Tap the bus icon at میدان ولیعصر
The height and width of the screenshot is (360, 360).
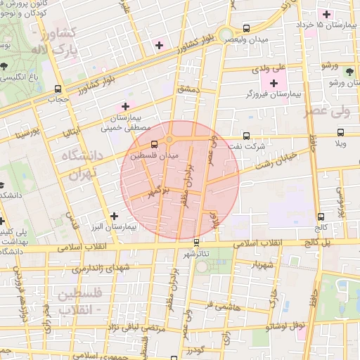coord(245,29)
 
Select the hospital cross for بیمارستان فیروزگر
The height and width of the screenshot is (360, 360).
coord(274,84)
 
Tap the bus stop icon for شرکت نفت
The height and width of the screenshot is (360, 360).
coord(245,136)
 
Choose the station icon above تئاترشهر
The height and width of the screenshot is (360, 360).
coord(196,243)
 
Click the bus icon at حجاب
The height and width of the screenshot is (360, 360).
coord(58,89)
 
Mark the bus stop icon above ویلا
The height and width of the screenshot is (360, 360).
coord(340,131)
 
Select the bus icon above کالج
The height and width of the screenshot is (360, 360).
coord(321,217)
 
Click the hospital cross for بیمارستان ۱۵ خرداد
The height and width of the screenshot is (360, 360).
coord(326,14)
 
